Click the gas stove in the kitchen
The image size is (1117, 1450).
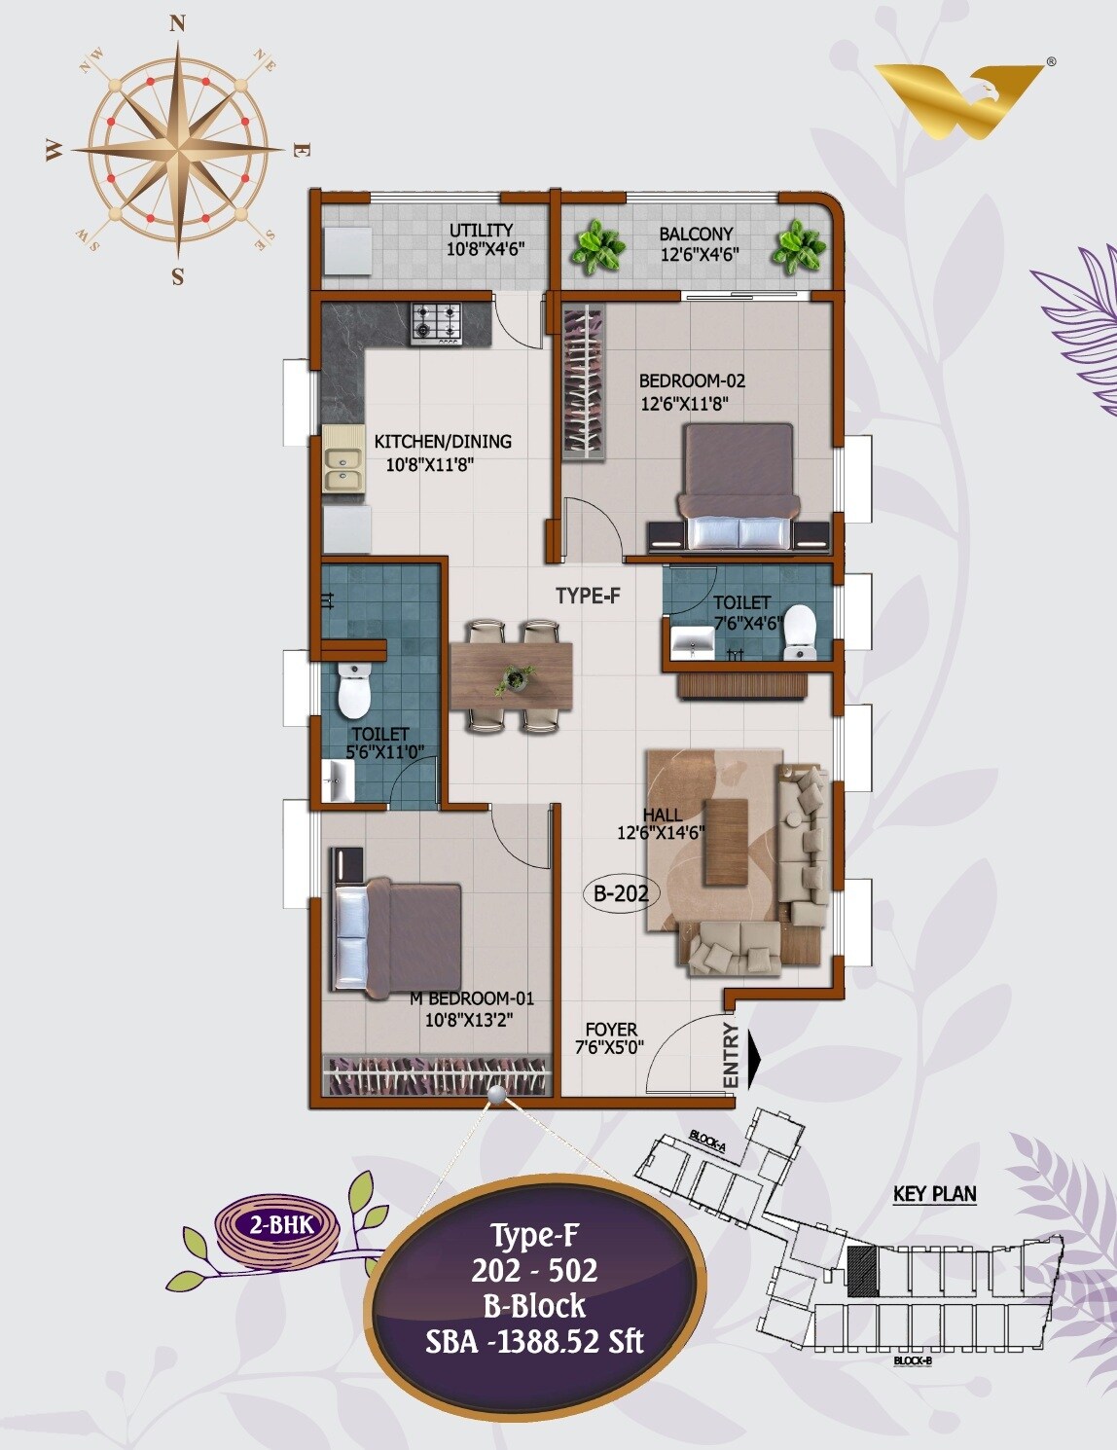(x=436, y=324)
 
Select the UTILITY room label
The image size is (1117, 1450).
(x=481, y=231)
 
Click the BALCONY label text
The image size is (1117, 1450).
(x=696, y=234)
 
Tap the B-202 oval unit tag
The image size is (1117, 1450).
(x=621, y=892)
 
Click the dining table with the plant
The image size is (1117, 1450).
(x=511, y=675)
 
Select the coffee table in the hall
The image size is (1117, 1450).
(x=724, y=842)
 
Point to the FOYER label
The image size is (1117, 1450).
(x=611, y=1030)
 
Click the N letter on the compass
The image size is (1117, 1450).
(x=177, y=25)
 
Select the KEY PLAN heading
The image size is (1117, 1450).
(x=934, y=1194)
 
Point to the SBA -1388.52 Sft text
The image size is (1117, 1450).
(x=534, y=1342)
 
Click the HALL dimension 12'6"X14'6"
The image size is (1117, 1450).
(x=661, y=833)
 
